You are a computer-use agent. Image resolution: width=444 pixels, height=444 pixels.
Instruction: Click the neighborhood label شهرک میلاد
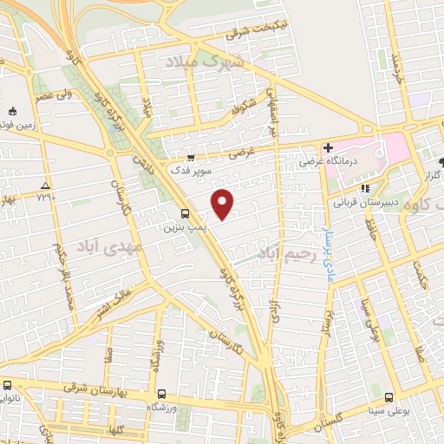tap(206, 62)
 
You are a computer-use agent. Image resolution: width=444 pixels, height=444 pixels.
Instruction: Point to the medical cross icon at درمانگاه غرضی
tap(328, 147)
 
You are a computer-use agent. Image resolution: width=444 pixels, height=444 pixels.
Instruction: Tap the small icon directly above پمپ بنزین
tap(185, 213)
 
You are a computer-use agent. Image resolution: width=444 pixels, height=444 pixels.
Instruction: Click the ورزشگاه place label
tap(167, 406)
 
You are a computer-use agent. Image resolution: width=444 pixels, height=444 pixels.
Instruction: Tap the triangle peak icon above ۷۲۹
tap(45, 186)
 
